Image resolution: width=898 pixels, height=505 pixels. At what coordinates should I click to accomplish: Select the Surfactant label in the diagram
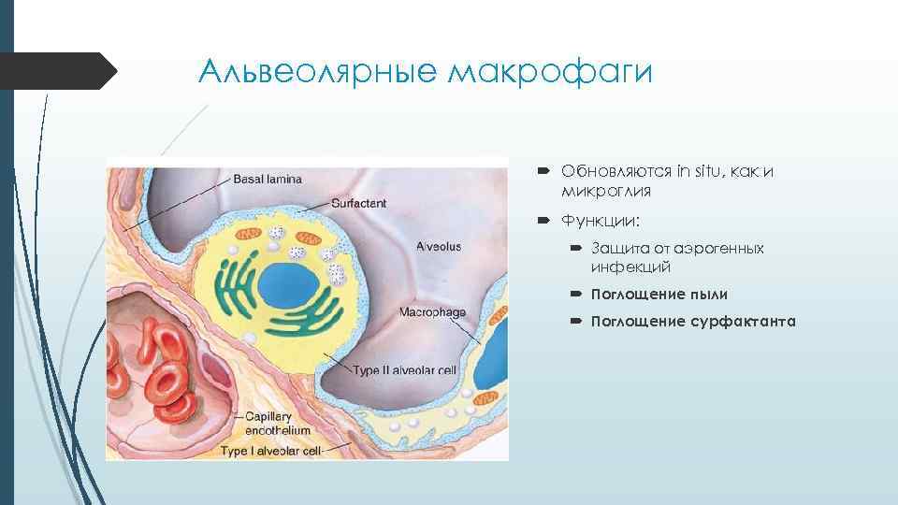(359, 203)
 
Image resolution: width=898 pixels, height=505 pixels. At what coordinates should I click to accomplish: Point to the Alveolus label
(439, 247)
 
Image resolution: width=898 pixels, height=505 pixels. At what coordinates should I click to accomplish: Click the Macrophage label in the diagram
(433, 311)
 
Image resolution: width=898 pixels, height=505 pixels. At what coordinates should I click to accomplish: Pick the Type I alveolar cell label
(271, 450)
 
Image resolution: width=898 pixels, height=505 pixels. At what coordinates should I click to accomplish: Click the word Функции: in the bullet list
(595, 221)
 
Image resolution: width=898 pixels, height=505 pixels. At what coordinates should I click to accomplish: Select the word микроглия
(606, 191)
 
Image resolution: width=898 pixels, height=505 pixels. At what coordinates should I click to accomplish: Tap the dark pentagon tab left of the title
(56, 71)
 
